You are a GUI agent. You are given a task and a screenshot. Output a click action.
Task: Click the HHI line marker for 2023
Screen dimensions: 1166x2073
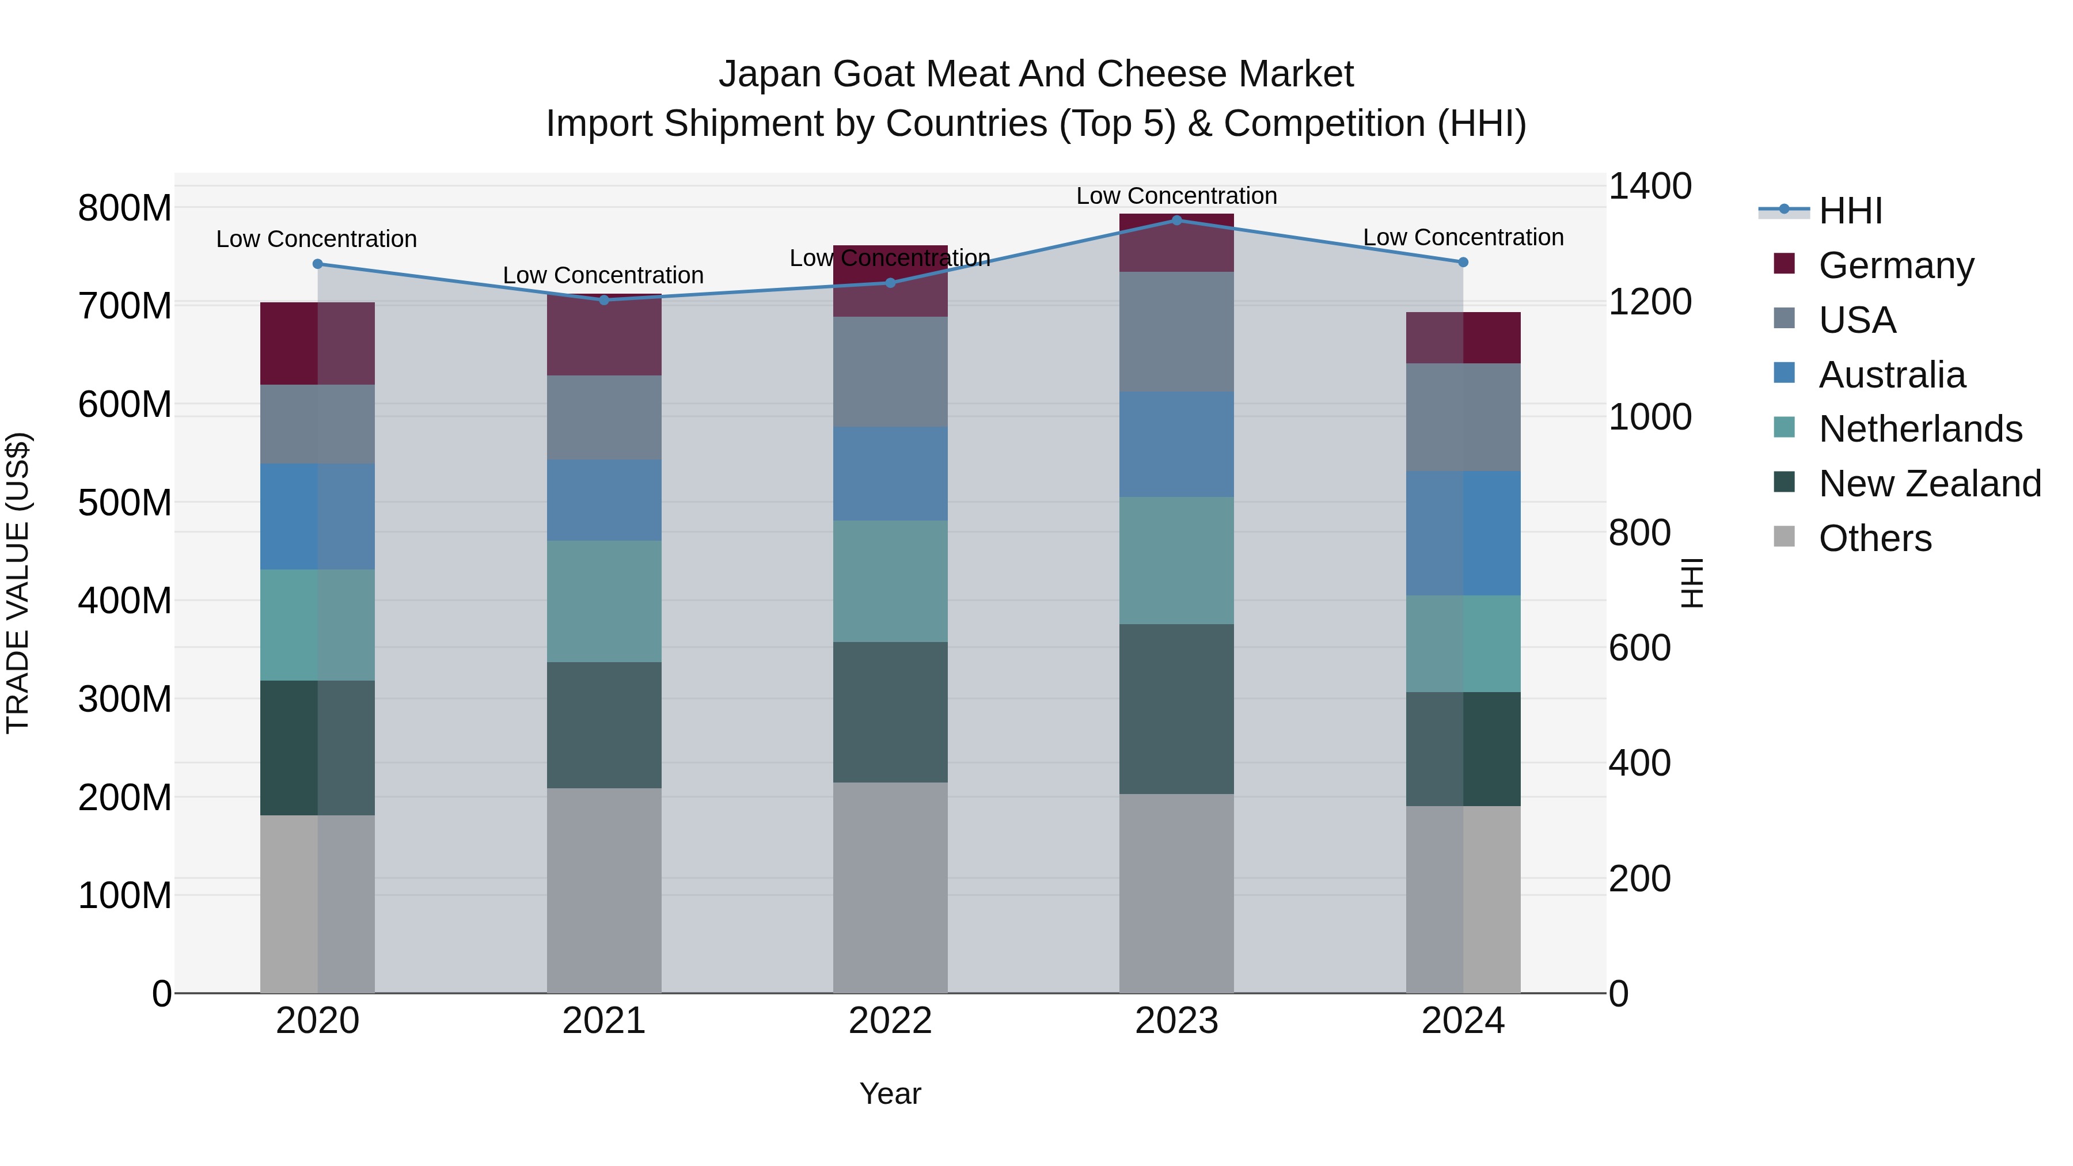(1176, 221)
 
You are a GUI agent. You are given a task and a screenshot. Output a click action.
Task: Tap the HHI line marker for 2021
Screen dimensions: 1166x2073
(605, 300)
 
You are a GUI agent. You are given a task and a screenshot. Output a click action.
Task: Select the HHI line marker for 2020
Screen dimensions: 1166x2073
(318, 264)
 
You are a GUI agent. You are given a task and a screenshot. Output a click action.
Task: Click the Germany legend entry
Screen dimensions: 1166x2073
(1895, 265)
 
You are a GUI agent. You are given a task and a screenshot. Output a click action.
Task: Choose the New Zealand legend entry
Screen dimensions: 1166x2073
(1929, 484)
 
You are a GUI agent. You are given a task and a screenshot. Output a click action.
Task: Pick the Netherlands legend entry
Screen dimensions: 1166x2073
(1920, 429)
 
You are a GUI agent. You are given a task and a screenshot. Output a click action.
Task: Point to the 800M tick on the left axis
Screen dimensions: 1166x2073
(125, 208)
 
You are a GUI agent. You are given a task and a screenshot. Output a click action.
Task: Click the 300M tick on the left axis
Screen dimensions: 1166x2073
(125, 699)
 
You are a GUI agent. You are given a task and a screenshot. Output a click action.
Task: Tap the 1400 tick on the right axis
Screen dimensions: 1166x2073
(1649, 187)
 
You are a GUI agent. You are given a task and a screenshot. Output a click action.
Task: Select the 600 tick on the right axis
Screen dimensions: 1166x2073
(1639, 648)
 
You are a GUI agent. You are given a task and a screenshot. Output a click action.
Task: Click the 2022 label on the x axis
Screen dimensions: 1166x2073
(890, 1021)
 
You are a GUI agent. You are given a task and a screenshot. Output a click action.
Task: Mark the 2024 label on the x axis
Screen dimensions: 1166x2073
(1463, 1021)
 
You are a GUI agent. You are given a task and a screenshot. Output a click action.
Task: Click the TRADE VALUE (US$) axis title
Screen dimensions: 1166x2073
(18, 583)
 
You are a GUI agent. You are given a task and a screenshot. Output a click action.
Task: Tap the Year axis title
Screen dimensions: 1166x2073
(890, 1093)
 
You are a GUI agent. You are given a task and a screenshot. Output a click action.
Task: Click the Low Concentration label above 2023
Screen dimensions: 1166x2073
(1176, 196)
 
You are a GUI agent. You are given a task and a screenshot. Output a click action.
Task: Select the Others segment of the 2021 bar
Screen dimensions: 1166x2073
(605, 890)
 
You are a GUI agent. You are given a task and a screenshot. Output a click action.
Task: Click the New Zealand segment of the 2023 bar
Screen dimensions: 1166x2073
(1176, 709)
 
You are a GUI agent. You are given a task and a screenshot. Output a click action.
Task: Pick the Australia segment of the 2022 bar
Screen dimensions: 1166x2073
(890, 473)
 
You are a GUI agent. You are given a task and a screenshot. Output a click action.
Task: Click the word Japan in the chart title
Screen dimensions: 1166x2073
(771, 74)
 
